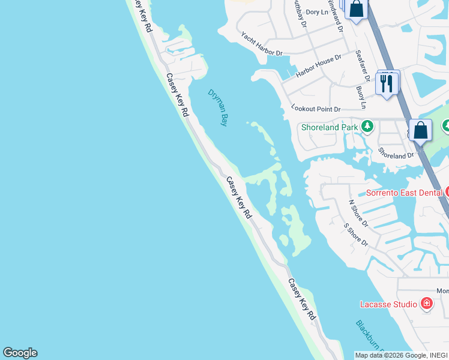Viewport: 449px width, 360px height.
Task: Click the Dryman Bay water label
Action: coord(218,107)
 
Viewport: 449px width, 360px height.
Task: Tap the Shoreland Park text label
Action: coord(330,127)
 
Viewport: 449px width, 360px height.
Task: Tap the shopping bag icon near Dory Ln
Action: coord(356,9)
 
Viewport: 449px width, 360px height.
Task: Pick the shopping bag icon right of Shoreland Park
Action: coord(421,130)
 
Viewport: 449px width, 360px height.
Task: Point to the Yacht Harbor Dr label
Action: coord(262,44)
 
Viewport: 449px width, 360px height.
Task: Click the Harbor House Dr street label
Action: coord(318,66)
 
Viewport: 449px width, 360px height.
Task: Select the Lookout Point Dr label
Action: coord(316,109)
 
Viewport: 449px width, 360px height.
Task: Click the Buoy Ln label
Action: coord(361,97)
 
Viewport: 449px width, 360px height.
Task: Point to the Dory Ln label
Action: coord(317,12)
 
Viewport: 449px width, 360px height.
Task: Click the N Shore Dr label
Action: coord(358,214)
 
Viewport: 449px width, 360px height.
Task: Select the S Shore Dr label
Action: coord(355,235)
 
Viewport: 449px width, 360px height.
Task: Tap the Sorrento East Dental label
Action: coord(405,193)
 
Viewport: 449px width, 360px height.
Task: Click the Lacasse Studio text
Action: coord(388,304)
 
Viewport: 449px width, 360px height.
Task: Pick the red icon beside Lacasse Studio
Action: coord(427,304)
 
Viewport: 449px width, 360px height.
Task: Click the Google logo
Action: coord(20,353)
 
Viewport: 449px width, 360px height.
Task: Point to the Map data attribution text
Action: coord(401,355)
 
